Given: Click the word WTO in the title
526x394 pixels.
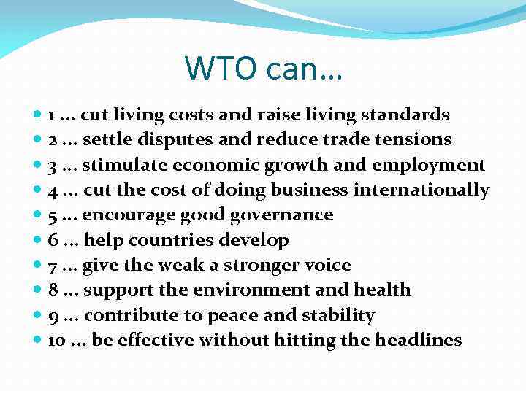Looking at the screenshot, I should pos(221,68).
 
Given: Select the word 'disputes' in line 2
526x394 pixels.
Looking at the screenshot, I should pos(224,139).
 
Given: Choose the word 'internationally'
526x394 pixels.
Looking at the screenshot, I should pos(422,190).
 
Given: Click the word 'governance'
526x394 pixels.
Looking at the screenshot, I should pos(281,215).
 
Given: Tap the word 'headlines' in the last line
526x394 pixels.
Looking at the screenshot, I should pos(418,340).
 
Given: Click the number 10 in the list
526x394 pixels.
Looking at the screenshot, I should pos(56,340).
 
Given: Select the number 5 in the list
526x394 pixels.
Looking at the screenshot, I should pos(53,215).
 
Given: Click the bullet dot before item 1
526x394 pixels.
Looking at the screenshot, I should pos(38,115).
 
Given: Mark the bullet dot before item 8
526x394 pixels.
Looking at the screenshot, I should pos(38,290).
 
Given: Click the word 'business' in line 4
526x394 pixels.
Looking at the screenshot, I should pos(310,190).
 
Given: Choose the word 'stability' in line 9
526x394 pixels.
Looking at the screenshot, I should pos(341,315).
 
